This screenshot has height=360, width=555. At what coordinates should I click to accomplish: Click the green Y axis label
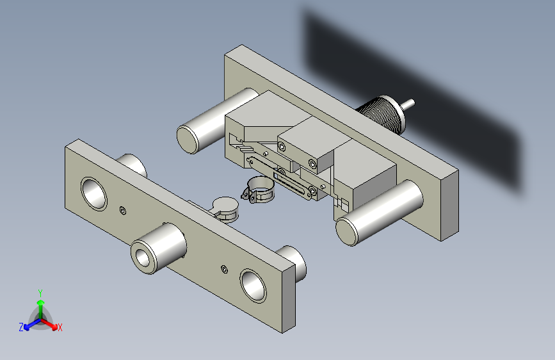[40, 293]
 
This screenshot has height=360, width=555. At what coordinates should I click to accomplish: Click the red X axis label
[60, 327]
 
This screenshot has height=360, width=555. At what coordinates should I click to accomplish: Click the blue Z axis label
[21, 327]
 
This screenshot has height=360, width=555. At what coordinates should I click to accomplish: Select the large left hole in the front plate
[94, 194]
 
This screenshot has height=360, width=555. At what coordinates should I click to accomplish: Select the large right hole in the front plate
[253, 286]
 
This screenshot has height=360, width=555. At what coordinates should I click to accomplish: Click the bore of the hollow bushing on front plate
[143, 258]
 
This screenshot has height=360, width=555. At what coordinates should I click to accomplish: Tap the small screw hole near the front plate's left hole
[123, 211]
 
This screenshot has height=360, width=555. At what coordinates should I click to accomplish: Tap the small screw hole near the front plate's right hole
[224, 269]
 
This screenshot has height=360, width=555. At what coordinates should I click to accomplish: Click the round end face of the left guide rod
[188, 140]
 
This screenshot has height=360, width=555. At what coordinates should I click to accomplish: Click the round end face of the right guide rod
[347, 231]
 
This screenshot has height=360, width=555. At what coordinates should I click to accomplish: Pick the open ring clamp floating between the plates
[259, 190]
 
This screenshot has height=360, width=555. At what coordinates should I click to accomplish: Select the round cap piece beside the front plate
[225, 209]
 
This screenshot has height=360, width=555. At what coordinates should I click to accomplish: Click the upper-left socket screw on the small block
[282, 146]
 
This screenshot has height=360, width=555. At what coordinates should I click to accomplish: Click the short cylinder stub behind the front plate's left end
[133, 165]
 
